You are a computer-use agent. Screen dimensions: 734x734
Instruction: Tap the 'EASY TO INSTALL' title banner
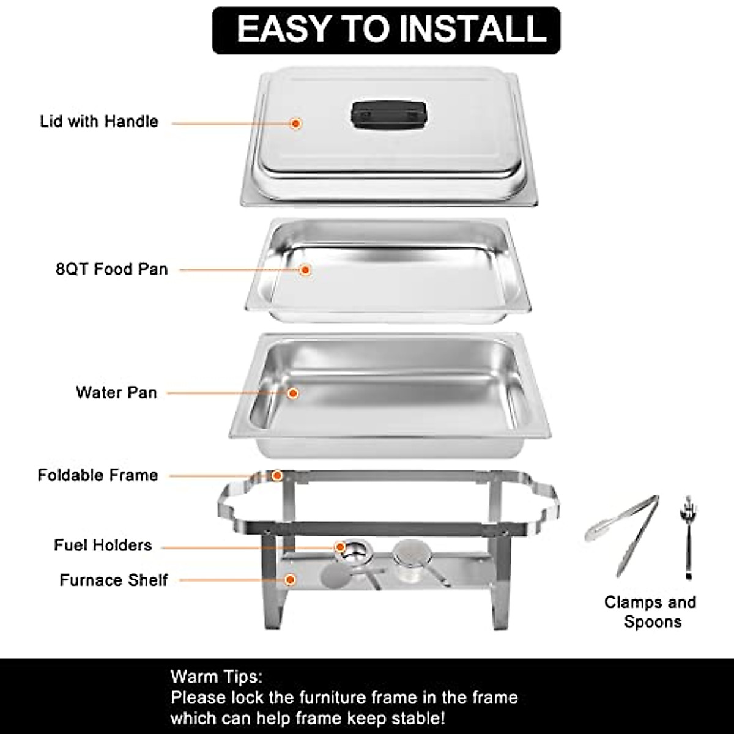[386, 30]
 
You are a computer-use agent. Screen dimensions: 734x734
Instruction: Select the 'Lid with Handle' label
[99, 122]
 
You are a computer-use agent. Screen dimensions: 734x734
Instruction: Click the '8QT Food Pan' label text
[112, 269]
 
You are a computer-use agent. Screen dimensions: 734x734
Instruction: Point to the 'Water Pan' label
[116, 393]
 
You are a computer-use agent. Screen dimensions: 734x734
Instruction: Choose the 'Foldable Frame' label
[98, 475]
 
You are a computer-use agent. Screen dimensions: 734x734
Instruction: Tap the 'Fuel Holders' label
[103, 546]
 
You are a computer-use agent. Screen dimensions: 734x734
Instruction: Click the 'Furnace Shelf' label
[113, 580]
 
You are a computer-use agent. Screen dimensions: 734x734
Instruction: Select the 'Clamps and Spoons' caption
[651, 612]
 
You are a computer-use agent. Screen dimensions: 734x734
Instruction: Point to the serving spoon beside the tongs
[688, 535]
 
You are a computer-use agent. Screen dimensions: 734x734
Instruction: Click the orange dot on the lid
[296, 124]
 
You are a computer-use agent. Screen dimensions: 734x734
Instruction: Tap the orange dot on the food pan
[305, 269]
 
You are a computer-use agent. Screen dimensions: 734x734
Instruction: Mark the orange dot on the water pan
[293, 393]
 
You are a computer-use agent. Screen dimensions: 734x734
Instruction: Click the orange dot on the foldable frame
[276, 475]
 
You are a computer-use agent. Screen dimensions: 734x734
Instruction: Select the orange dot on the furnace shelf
[291, 579]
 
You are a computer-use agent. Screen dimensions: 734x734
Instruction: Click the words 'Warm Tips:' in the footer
[216, 677]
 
